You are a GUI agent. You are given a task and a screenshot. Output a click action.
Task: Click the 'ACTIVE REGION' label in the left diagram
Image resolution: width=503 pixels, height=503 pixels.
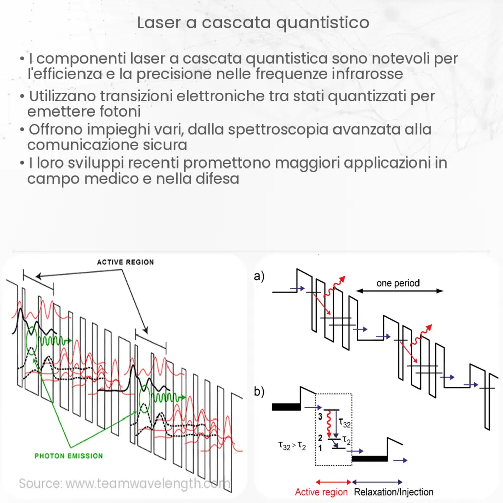125,262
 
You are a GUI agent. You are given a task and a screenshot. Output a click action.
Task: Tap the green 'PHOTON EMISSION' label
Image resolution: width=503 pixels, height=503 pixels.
68,456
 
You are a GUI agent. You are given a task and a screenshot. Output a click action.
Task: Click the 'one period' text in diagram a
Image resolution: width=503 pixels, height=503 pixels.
398,283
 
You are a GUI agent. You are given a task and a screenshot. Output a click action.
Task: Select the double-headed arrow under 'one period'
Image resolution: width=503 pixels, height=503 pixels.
399,291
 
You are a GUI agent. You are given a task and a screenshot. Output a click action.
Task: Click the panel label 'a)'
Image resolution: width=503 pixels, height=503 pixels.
260,276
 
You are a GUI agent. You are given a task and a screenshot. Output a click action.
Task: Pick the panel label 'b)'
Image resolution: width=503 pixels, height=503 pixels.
260,392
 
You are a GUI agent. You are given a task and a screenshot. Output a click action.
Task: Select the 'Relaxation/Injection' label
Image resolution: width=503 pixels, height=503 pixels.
394,492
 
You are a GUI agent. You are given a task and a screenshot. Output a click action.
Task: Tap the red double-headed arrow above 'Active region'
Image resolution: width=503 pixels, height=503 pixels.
333,482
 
